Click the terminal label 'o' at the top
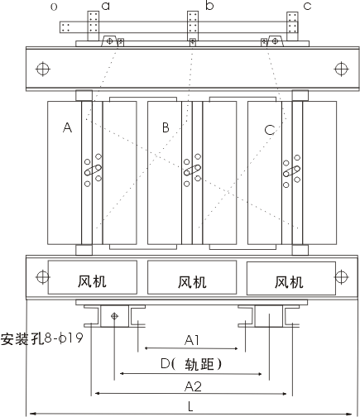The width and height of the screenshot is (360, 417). [54, 7]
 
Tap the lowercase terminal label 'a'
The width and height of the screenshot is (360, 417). [106, 6]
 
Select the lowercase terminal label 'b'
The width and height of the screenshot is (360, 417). [209, 6]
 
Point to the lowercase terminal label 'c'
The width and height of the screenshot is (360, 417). [307, 7]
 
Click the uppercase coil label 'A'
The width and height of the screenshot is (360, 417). [68, 127]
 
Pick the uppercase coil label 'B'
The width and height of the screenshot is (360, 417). [166, 127]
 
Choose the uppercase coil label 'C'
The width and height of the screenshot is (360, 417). [270, 130]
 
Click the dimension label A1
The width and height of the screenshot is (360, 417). [192, 340]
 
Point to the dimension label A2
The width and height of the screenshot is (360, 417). [193, 386]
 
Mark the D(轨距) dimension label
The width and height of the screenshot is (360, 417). [191, 364]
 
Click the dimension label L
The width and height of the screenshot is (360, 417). [190, 406]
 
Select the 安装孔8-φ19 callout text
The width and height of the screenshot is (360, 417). [41, 338]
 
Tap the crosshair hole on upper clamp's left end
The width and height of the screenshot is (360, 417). [43, 69]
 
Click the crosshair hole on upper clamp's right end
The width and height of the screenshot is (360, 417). [341, 69]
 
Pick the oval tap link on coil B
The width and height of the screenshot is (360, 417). [192, 170]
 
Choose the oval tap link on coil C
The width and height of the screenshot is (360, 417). [291, 171]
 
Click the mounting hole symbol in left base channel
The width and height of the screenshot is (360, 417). [114, 316]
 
